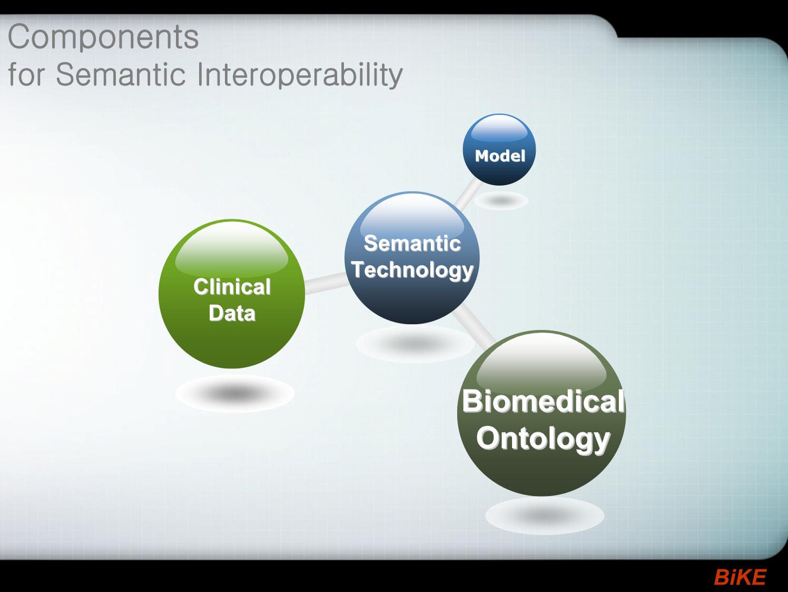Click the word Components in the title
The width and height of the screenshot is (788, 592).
coord(103,37)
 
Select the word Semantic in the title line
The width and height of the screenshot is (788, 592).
coord(121,74)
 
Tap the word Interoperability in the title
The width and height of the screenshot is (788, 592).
coord(300,75)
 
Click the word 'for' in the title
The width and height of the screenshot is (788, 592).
coord(26,74)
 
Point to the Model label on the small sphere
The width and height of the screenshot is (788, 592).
coord(500,156)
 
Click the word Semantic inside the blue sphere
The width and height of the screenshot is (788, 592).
coord(412,244)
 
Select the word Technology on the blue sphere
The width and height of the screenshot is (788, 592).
coord(412,270)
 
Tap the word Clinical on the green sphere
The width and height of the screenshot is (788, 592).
coord(232,287)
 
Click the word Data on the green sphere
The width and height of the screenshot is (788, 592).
coord(232,313)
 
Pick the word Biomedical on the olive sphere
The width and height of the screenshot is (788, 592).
coord(544,401)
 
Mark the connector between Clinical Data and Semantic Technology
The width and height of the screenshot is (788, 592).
coord(326,283)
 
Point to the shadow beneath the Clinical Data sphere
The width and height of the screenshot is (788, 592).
coord(235,393)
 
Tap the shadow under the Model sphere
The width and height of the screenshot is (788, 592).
coord(501,200)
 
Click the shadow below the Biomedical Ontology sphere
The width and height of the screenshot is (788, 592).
coord(545,516)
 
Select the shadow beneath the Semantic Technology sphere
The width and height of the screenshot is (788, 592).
coord(415,344)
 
